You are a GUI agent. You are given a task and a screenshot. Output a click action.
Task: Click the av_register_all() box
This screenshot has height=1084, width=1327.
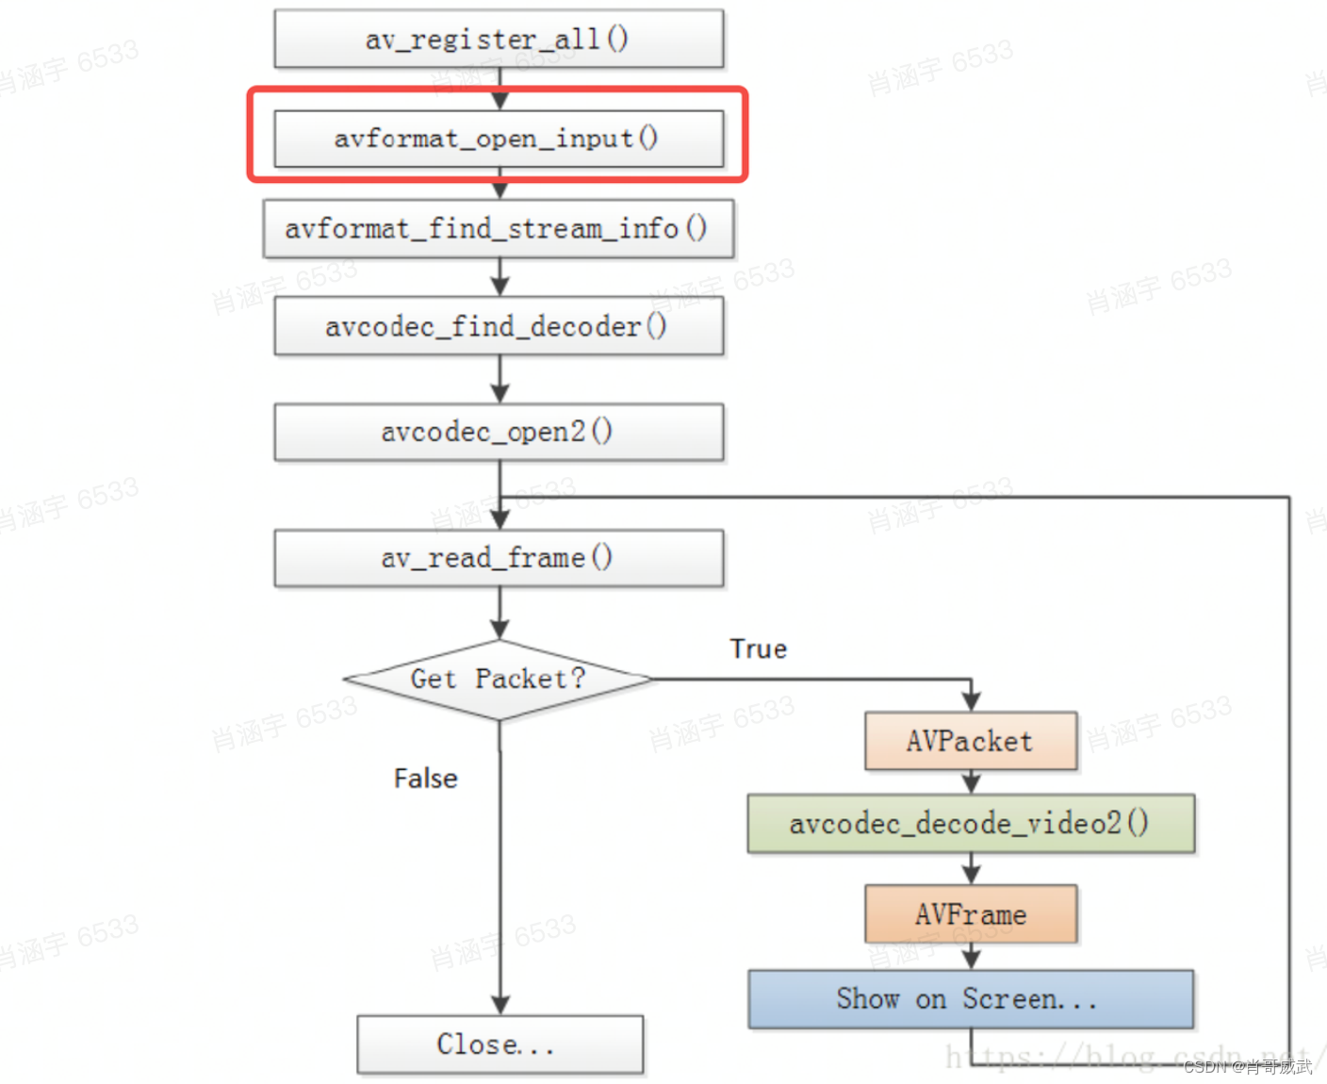tap(499, 39)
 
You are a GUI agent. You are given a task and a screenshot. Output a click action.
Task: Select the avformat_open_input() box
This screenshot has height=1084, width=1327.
tap(499, 139)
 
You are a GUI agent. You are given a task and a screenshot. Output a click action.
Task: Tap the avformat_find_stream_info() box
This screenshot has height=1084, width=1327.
tap(499, 228)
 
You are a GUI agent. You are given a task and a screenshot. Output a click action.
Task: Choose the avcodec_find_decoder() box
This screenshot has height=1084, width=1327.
tap(499, 326)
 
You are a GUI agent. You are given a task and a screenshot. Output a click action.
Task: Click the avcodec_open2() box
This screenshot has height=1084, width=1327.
tap(499, 432)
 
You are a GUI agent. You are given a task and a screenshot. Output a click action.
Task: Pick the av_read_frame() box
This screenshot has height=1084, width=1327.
tap(499, 558)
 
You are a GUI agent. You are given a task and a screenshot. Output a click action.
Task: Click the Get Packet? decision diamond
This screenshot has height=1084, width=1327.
tap(499, 680)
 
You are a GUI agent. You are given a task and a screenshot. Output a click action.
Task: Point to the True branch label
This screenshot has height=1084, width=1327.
tap(758, 649)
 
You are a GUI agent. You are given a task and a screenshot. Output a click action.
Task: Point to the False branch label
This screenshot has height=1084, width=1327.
tap(425, 779)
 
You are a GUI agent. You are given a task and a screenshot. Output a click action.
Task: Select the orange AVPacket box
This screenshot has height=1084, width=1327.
tap(971, 741)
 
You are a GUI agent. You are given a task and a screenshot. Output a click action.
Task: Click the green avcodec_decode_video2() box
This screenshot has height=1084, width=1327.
tap(971, 824)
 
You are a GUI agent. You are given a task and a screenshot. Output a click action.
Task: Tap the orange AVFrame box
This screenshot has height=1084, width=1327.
tap(971, 914)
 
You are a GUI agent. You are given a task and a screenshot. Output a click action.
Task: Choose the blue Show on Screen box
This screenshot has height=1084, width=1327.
tap(971, 999)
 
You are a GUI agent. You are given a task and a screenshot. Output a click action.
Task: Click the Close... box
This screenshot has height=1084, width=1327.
tap(500, 1044)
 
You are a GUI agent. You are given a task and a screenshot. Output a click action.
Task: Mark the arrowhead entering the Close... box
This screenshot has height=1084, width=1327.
tap(500, 1005)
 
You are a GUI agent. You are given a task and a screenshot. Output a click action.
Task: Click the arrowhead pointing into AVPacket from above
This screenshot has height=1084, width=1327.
tap(971, 700)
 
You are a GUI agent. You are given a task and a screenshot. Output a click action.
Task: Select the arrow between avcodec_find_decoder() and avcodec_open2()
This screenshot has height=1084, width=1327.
tap(500, 381)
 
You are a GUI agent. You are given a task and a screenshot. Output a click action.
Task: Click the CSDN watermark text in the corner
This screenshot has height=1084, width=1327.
tap(1247, 1067)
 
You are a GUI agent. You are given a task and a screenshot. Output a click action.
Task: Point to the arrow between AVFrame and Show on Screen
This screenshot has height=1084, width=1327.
tap(971, 958)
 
